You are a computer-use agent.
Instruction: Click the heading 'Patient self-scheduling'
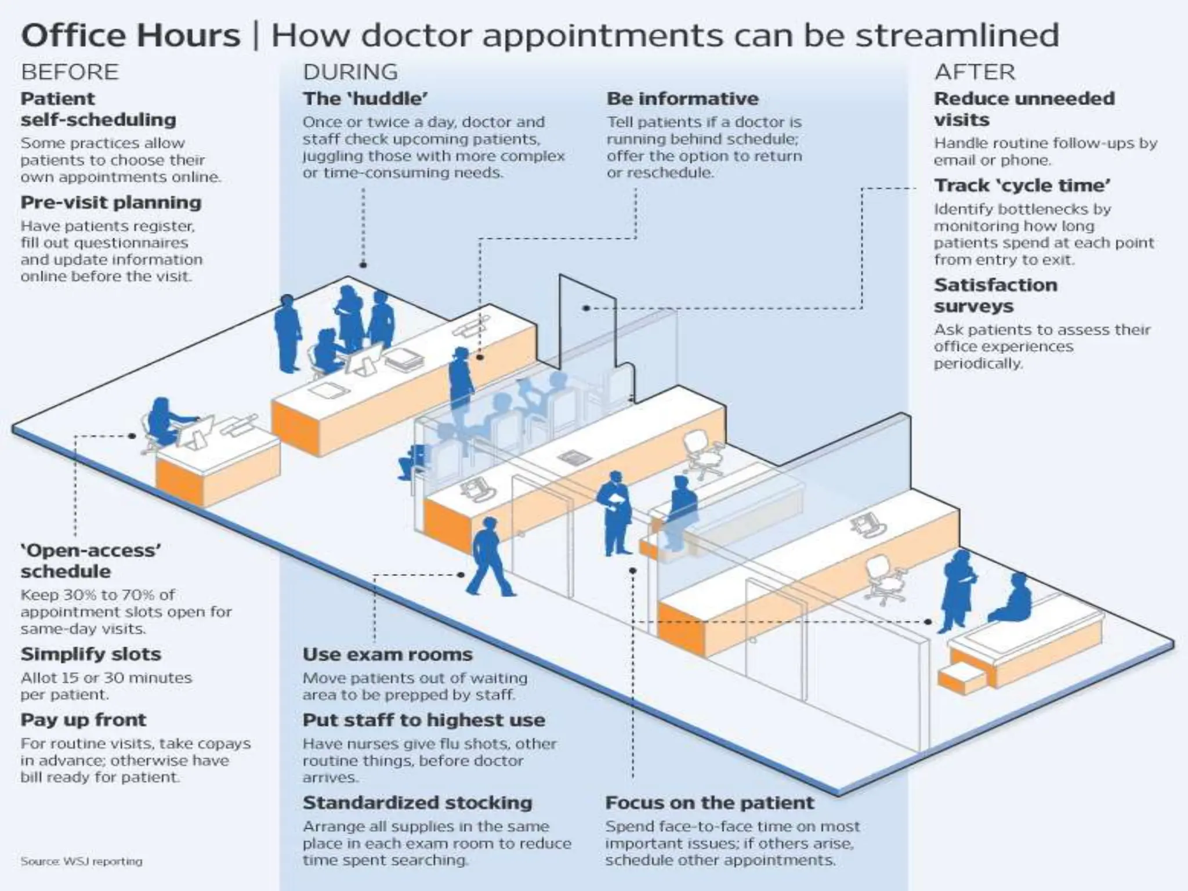98,109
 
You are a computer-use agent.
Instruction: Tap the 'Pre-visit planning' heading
111,202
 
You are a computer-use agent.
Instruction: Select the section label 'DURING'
350,72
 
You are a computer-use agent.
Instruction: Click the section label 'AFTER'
975,72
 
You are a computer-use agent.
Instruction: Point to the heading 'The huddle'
365,99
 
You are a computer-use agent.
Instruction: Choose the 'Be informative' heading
682,99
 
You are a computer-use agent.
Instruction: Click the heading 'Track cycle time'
1022,186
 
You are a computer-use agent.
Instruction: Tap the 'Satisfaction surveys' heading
995,295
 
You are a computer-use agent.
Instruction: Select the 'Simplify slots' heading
90,654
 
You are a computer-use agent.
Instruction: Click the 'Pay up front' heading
84,720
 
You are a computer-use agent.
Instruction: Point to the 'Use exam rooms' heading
387,654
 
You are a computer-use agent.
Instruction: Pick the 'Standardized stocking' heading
417,803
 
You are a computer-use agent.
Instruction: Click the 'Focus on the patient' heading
709,803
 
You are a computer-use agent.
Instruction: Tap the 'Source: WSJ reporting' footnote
81,861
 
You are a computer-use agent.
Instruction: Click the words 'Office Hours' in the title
131,35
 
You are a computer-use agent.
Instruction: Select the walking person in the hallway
490,557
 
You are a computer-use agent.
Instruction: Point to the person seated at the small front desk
163,420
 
